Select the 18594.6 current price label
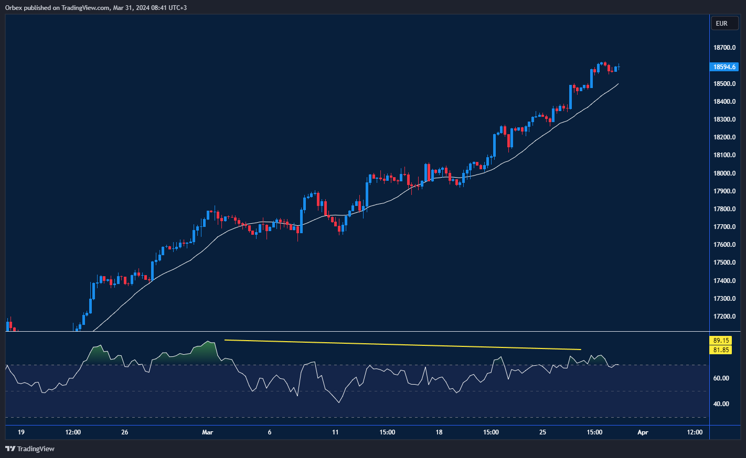click(x=724, y=67)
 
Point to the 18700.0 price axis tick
click(x=724, y=48)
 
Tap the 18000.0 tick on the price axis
click(x=724, y=173)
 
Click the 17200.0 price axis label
click(x=724, y=317)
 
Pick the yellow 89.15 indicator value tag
click(x=721, y=341)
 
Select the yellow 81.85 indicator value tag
click(x=721, y=350)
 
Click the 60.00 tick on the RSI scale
click(x=721, y=378)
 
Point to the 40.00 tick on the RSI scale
click(x=721, y=404)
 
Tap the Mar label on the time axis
click(x=208, y=432)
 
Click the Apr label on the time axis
click(x=643, y=432)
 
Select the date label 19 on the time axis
click(x=21, y=432)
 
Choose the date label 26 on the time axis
click(x=124, y=432)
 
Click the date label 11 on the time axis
click(x=335, y=432)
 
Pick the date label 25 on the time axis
click(x=542, y=432)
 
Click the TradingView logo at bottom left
click(x=30, y=449)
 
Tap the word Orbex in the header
click(x=14, y=8)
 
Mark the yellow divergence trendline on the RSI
click(x=403, y=345)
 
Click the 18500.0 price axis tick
click(x=724, y=84)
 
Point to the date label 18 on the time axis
click(x=439, y=432)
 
